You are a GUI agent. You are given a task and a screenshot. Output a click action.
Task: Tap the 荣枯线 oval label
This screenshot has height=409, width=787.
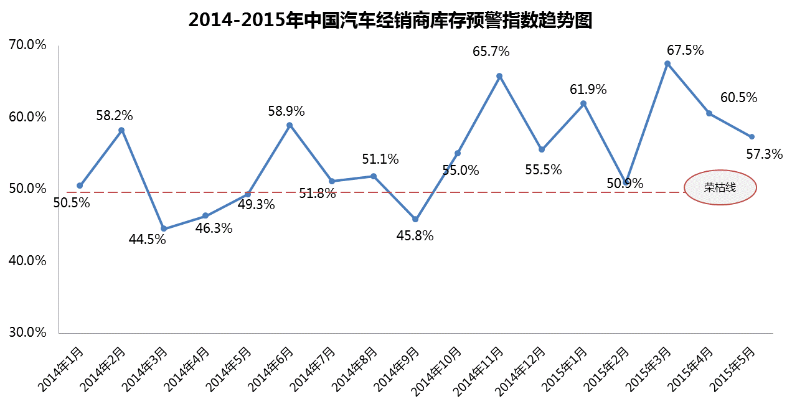(x=720, y=187)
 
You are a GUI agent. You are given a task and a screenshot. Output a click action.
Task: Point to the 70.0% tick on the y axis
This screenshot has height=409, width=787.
(x=28, y=45)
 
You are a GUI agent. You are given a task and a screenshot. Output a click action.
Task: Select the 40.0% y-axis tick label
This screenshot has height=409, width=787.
(x=28, y=260)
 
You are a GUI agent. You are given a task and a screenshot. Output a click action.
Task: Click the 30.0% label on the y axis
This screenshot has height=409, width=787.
(x=28, y=332)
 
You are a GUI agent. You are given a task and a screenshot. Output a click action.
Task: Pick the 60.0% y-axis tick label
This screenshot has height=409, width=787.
(x=28, y=116)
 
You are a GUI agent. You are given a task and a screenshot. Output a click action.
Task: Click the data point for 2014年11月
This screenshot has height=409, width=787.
(x=499, y=76)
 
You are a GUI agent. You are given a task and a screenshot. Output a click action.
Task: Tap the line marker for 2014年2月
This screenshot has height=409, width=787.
(x=121, y=129)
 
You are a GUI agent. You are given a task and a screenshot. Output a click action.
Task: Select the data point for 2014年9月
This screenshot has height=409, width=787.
(x=415, y=219)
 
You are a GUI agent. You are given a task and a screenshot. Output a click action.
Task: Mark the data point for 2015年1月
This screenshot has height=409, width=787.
(x=583, y=103)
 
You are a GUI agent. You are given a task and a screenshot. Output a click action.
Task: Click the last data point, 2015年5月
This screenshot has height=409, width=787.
(x=752, y=136)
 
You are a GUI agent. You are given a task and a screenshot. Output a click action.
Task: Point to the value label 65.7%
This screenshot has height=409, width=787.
(x=491, y=52)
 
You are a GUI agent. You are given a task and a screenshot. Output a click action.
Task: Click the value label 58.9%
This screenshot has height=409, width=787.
(x=286, y=111)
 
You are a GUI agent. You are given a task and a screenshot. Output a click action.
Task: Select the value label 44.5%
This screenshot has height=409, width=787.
(x=148, y=239)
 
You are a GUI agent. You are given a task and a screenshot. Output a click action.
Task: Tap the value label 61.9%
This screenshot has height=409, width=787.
(x=588, y=90)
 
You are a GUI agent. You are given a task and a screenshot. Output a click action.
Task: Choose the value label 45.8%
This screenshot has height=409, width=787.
(x=415, y=237)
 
